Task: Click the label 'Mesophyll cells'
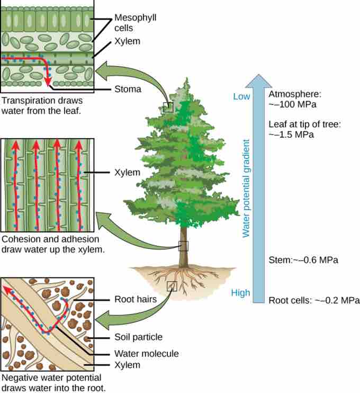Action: [135, 22]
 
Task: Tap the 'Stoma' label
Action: [128, 89]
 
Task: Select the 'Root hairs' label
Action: [135, 299]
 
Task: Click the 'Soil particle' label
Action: [138, 337]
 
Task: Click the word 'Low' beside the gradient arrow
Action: [241, 96]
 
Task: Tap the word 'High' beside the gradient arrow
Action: [240, 293]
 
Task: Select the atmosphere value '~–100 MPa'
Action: [292, 104]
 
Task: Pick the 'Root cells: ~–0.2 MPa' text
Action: [310, 300]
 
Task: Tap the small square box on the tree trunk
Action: [183, 246]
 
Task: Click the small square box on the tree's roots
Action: [172, 286]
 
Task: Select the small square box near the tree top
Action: [168, 107]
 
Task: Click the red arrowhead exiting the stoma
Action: [48, 82]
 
